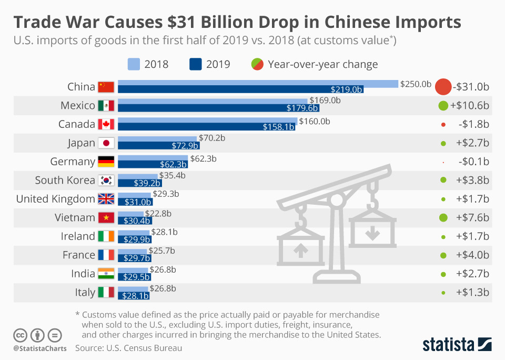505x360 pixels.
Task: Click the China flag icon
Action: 106,87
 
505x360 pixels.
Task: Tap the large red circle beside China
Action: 443,87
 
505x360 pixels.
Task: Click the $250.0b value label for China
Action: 416,84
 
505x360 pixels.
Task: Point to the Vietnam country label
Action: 75,217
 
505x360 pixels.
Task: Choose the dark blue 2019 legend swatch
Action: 196,64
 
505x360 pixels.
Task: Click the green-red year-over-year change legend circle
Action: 257,64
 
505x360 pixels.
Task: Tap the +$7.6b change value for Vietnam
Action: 472,217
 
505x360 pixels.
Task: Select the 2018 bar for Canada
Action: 208,121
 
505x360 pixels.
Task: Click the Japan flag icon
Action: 106,143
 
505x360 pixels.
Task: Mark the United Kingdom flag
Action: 106,199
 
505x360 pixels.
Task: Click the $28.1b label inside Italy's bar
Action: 135,296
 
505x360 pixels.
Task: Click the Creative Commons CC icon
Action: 21,335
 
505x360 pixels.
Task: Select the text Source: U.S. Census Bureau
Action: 128,348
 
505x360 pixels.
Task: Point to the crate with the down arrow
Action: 372,230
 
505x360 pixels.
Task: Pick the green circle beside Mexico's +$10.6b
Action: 443,106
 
